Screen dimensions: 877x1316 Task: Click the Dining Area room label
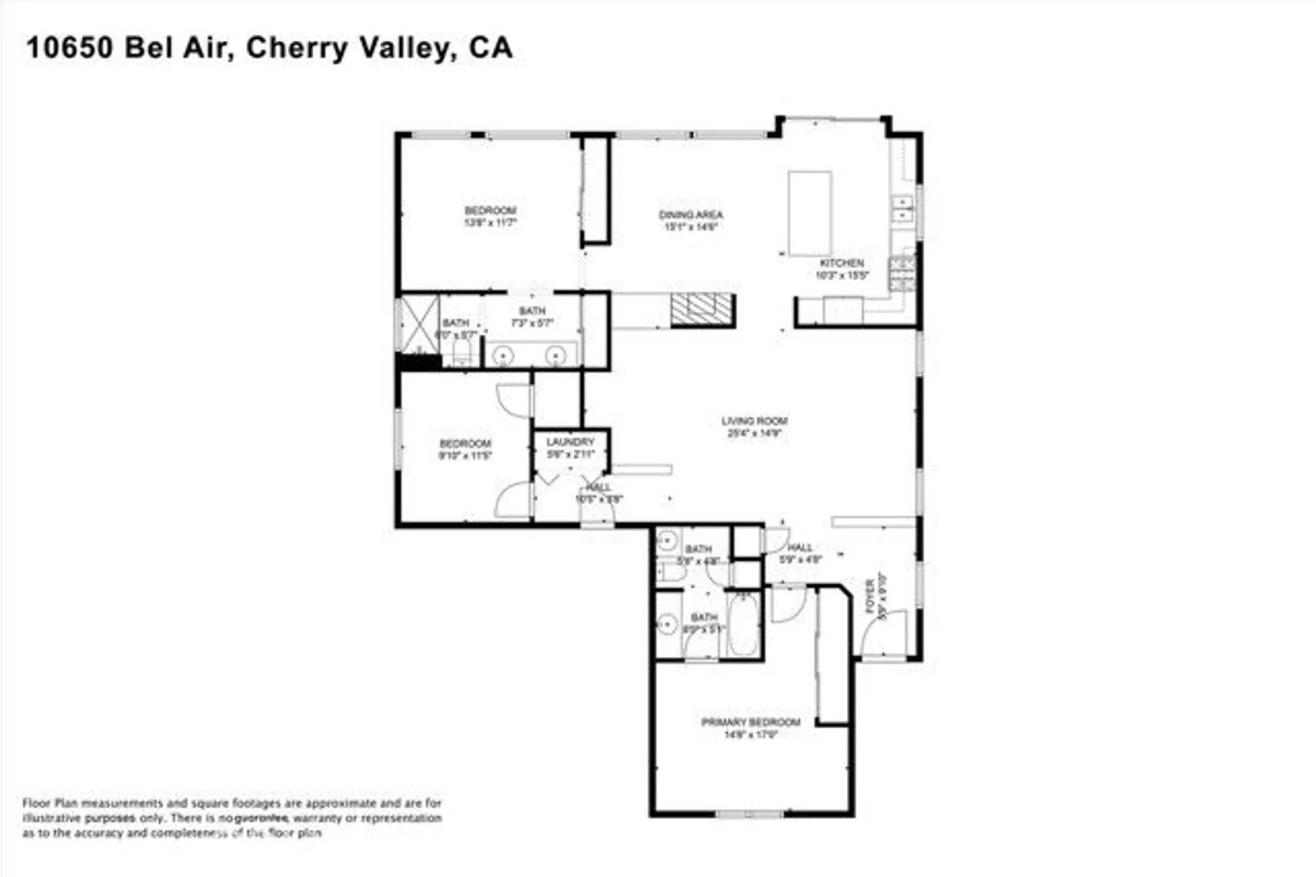tap(690, 220)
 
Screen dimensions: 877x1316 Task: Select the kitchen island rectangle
tap(810, 214)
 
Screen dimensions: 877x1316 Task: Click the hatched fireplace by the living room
tap(702, 310)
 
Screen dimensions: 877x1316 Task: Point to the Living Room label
tap(754, 427)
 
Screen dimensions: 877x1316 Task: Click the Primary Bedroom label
tap(751, 728)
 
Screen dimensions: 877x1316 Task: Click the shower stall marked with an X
tap(419, 325)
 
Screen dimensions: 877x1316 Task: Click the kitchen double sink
tap(902, 208)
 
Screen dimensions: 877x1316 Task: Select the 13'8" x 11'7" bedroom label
tap(490, 216)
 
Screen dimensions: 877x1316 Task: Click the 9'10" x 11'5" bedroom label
tap(465, 449)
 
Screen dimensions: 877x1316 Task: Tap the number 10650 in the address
tap(69, 49)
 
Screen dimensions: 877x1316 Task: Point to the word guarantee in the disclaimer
tap(262, 818)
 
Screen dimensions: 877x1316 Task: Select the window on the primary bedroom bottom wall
tap(749, 815)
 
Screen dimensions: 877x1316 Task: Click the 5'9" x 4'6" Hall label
tap(800, 554)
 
